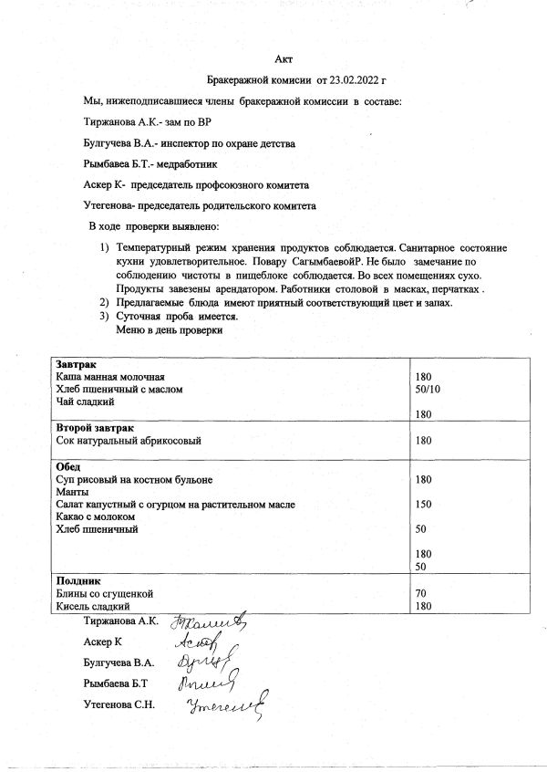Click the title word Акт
tap(283, 59)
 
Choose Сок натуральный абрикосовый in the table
tap(129, 441)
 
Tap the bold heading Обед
tap(69, 466)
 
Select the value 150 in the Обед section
tap(423, 505)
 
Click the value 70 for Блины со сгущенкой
tap(420, 593)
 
